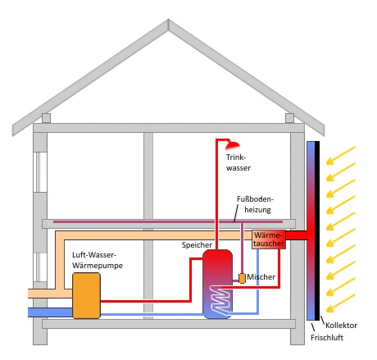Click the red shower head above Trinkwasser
tap(233, 145)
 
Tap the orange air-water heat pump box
tap(86, 295)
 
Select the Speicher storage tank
tap(217, 284)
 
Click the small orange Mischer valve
tap(242, 278)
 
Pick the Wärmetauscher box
tap(269, 239)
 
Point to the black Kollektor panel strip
tap(317, 230)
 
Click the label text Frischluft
tap(327, 338)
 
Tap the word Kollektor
tap(341, 326)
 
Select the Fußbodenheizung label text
tap(255, 204)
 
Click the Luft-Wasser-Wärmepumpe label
tap(98, 260)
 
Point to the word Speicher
tap(197, 245)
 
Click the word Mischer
tap(261, 277)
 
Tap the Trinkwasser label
tap(238, 162)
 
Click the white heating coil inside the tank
tap(220, 300)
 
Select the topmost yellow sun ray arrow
tap(340, 156)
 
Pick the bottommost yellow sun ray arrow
tap(340, 303)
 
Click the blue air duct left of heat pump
tap(50, 312)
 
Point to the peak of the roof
tap(168, 20)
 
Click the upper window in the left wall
tap(40, 172)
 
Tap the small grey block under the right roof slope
tap(289, 118)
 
